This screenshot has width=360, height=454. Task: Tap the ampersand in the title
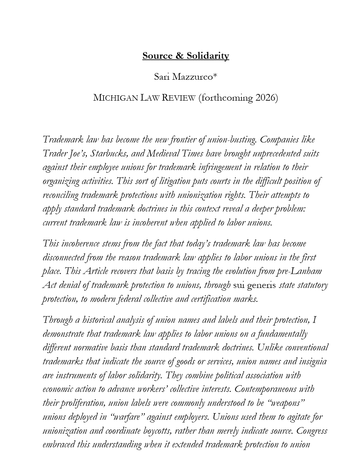coord(180,56)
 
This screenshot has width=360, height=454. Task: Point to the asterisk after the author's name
coord(215,76)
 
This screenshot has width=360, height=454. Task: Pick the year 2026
coord(266,98)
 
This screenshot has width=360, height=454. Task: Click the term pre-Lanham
coord(299,271)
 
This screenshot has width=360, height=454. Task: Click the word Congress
coord(312,431)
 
